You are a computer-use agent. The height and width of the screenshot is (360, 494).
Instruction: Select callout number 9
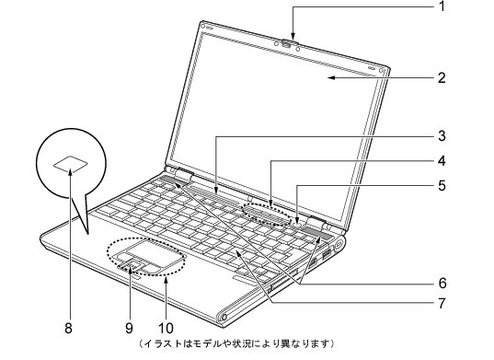pos(128,325)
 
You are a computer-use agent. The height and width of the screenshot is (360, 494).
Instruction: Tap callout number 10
pos(167,325)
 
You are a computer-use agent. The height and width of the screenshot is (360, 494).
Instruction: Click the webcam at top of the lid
pos(289,41)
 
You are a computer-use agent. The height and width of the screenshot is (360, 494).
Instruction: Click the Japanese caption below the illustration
pos(236,344)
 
